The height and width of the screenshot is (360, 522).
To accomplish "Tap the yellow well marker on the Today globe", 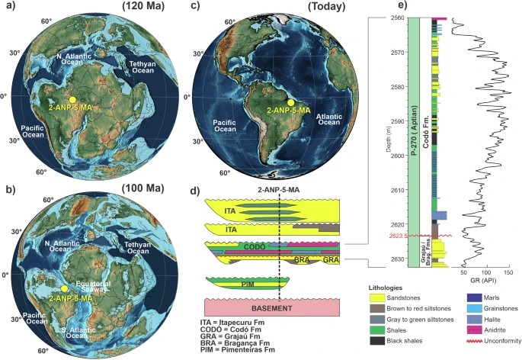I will (x=290, y=102).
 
